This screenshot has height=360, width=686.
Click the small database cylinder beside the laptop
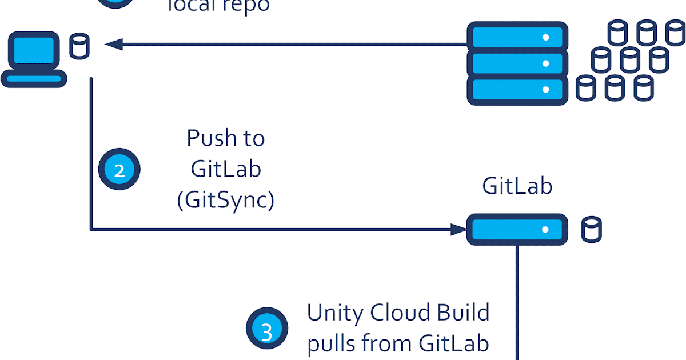point(79,46)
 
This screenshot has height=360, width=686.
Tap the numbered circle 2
point(119,169)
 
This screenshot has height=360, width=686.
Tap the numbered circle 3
point(266,331)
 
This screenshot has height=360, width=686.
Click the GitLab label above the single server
point(517,186)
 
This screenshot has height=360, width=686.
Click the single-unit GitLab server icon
point(517,230)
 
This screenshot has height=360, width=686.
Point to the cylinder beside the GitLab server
point(591,230)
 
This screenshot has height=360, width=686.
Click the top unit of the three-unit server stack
point(517,37)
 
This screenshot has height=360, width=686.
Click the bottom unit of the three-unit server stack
point(517,90)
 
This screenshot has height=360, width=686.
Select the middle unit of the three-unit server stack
point(517,63)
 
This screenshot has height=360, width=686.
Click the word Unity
point(336,313)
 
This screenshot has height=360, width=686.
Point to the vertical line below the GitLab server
point(517,303)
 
